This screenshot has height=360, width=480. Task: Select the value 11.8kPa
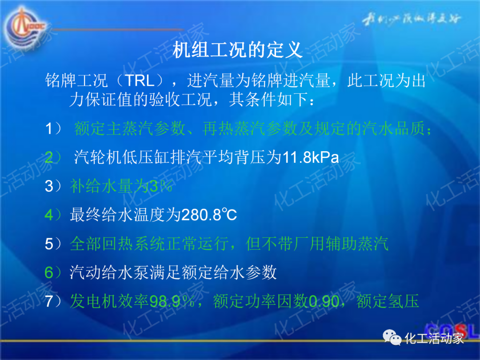coord(311,158)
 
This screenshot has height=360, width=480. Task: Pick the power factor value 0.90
coord(324,302)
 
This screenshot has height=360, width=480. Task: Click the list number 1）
coord(55,129)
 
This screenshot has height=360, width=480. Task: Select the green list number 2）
coord(55,158)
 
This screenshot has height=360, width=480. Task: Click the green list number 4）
coord(55,215)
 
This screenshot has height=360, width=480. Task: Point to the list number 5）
coord(55,244)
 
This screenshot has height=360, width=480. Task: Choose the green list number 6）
coord(55,272)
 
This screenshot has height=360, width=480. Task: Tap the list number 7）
coord(55,302)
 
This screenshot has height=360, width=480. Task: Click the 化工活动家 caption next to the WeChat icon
coord(434,339)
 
